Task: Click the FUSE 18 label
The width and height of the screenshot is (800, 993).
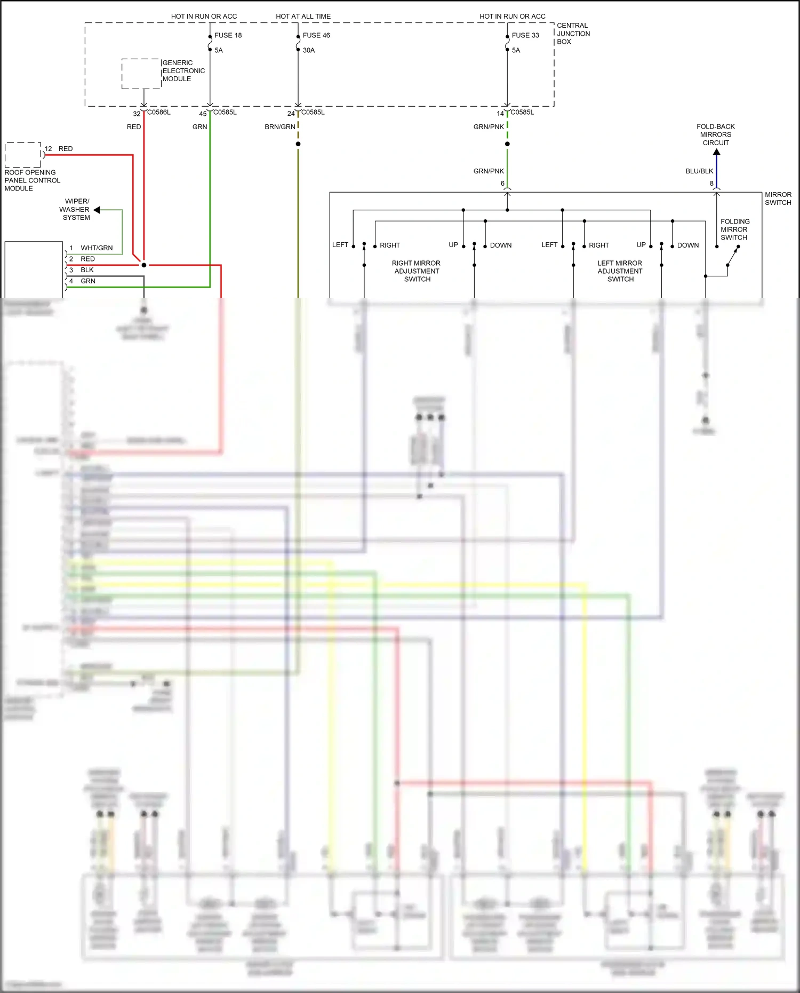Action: tap(228, 35)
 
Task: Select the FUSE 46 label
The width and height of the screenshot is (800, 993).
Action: tap(316, 35)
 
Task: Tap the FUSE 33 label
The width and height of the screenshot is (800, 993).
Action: tap(525, 35)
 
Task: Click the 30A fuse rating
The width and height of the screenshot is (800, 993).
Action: tap(309, 50)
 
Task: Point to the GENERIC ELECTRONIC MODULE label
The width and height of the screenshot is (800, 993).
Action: tap(183, 70)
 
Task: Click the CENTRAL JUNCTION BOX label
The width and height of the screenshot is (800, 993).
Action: tap(573, 33)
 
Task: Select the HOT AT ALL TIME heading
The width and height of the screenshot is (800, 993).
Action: tap(303, 16)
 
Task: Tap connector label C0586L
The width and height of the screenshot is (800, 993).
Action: tap(159, 112)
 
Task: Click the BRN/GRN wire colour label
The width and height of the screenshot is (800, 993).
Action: tap(280, 126)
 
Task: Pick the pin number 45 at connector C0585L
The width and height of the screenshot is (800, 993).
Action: tap(203, 114)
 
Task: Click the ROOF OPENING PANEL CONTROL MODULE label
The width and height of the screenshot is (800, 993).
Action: tap(32, 180)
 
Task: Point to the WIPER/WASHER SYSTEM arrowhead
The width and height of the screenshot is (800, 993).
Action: tap(97, 210)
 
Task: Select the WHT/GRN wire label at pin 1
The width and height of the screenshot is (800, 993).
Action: tap(97, 248)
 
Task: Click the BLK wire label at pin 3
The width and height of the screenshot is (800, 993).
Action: tap(87, 270)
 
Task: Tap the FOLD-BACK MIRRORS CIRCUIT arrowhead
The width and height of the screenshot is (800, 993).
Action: tap(716, 152)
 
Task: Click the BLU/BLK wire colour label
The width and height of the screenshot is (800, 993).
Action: tap(699, 171)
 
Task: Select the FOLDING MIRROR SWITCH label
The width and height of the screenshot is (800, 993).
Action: tap(734, 229)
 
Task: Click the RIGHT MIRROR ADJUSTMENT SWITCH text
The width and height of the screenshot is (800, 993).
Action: tap(417, 271)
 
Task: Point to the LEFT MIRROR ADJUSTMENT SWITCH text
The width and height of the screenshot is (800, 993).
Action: tap(620, 271)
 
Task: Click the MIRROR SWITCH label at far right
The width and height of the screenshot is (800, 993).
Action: tap(778, 198)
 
